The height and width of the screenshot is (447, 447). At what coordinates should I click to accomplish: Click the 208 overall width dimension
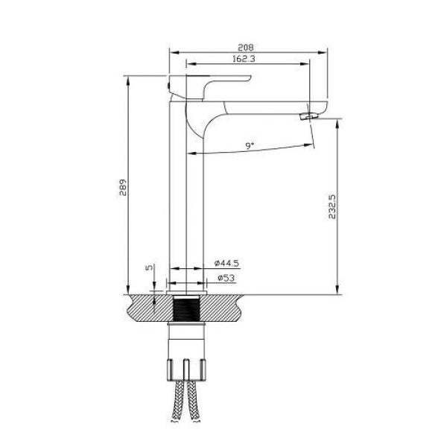[245, 47]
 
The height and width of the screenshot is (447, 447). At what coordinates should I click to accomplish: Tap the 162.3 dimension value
[244, 59]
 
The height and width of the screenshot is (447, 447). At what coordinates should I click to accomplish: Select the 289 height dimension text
[123, 187]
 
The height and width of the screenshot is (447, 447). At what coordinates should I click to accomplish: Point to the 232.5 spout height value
[332, 206]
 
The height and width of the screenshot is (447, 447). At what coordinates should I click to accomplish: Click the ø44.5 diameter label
[226, 263]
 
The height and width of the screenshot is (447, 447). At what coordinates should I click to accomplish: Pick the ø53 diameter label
[226, 278]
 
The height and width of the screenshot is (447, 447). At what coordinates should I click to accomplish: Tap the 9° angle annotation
[250, 146]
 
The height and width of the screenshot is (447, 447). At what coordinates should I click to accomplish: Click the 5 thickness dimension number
[149, 267]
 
